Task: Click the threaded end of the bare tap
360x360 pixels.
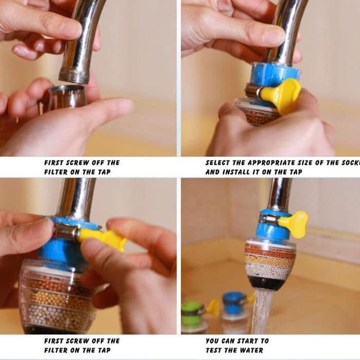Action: [74, 77]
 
